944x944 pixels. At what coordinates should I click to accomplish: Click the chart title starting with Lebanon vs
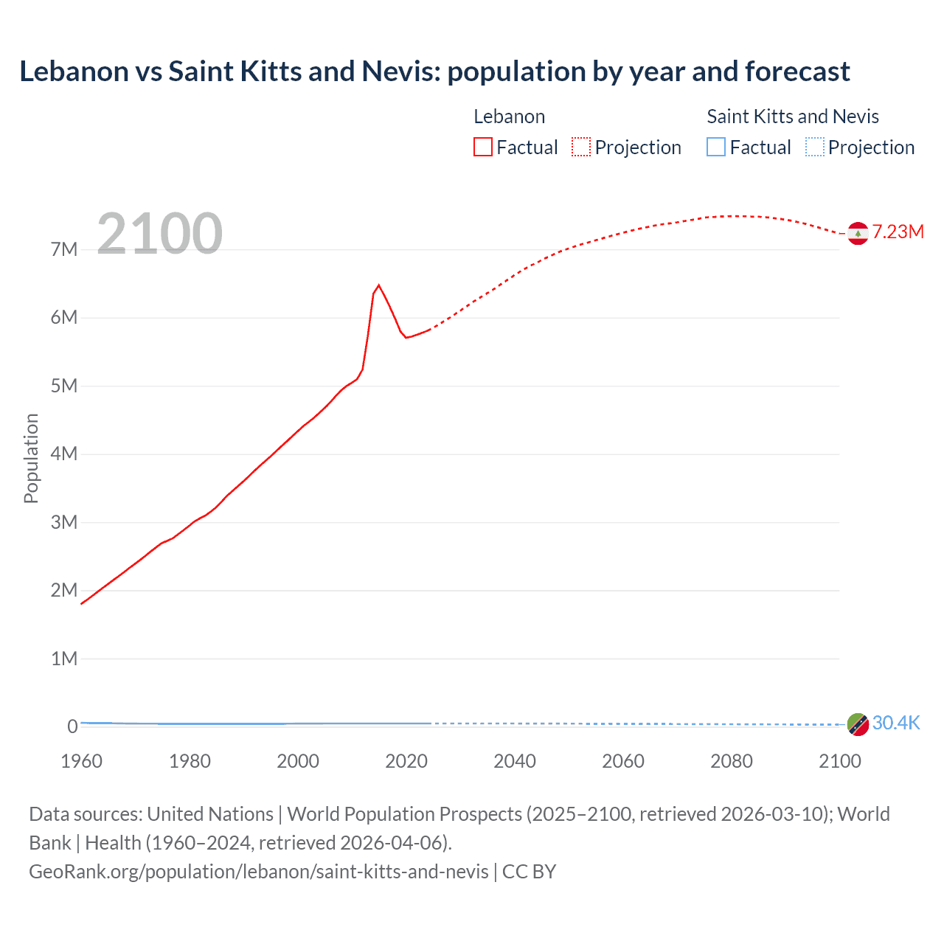(434, 72)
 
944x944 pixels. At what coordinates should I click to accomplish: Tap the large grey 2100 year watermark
(159, 234)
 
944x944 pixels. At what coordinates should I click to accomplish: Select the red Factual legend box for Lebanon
(483, 147)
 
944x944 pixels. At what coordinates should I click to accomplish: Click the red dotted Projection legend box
(581, 147)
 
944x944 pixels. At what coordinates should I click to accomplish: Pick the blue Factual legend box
(716, 147)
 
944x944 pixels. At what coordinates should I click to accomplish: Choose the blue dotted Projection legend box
(815, 147)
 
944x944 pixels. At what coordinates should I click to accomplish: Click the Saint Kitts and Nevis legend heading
(793, 117)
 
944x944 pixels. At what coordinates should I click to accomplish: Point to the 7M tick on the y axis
(64, 249)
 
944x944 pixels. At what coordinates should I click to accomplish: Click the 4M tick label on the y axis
(64, 454)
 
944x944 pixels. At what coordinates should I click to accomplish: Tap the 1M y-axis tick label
(64, 659)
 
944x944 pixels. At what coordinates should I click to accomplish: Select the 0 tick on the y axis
(72, 726)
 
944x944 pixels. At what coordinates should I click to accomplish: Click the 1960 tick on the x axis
(81, 761)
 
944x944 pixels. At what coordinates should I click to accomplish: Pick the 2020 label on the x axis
(406, 761)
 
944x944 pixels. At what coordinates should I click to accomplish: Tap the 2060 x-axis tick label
(623, 761)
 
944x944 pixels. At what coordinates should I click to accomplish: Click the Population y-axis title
(31, 458)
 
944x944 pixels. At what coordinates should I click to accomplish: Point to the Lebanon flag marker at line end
(858, 233)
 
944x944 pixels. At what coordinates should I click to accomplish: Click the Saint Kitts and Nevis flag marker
(858, 724)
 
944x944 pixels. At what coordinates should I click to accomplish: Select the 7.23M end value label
(898, 232)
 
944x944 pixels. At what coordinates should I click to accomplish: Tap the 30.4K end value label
(896, 723)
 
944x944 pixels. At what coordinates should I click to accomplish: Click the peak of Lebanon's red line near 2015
(378, 285)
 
